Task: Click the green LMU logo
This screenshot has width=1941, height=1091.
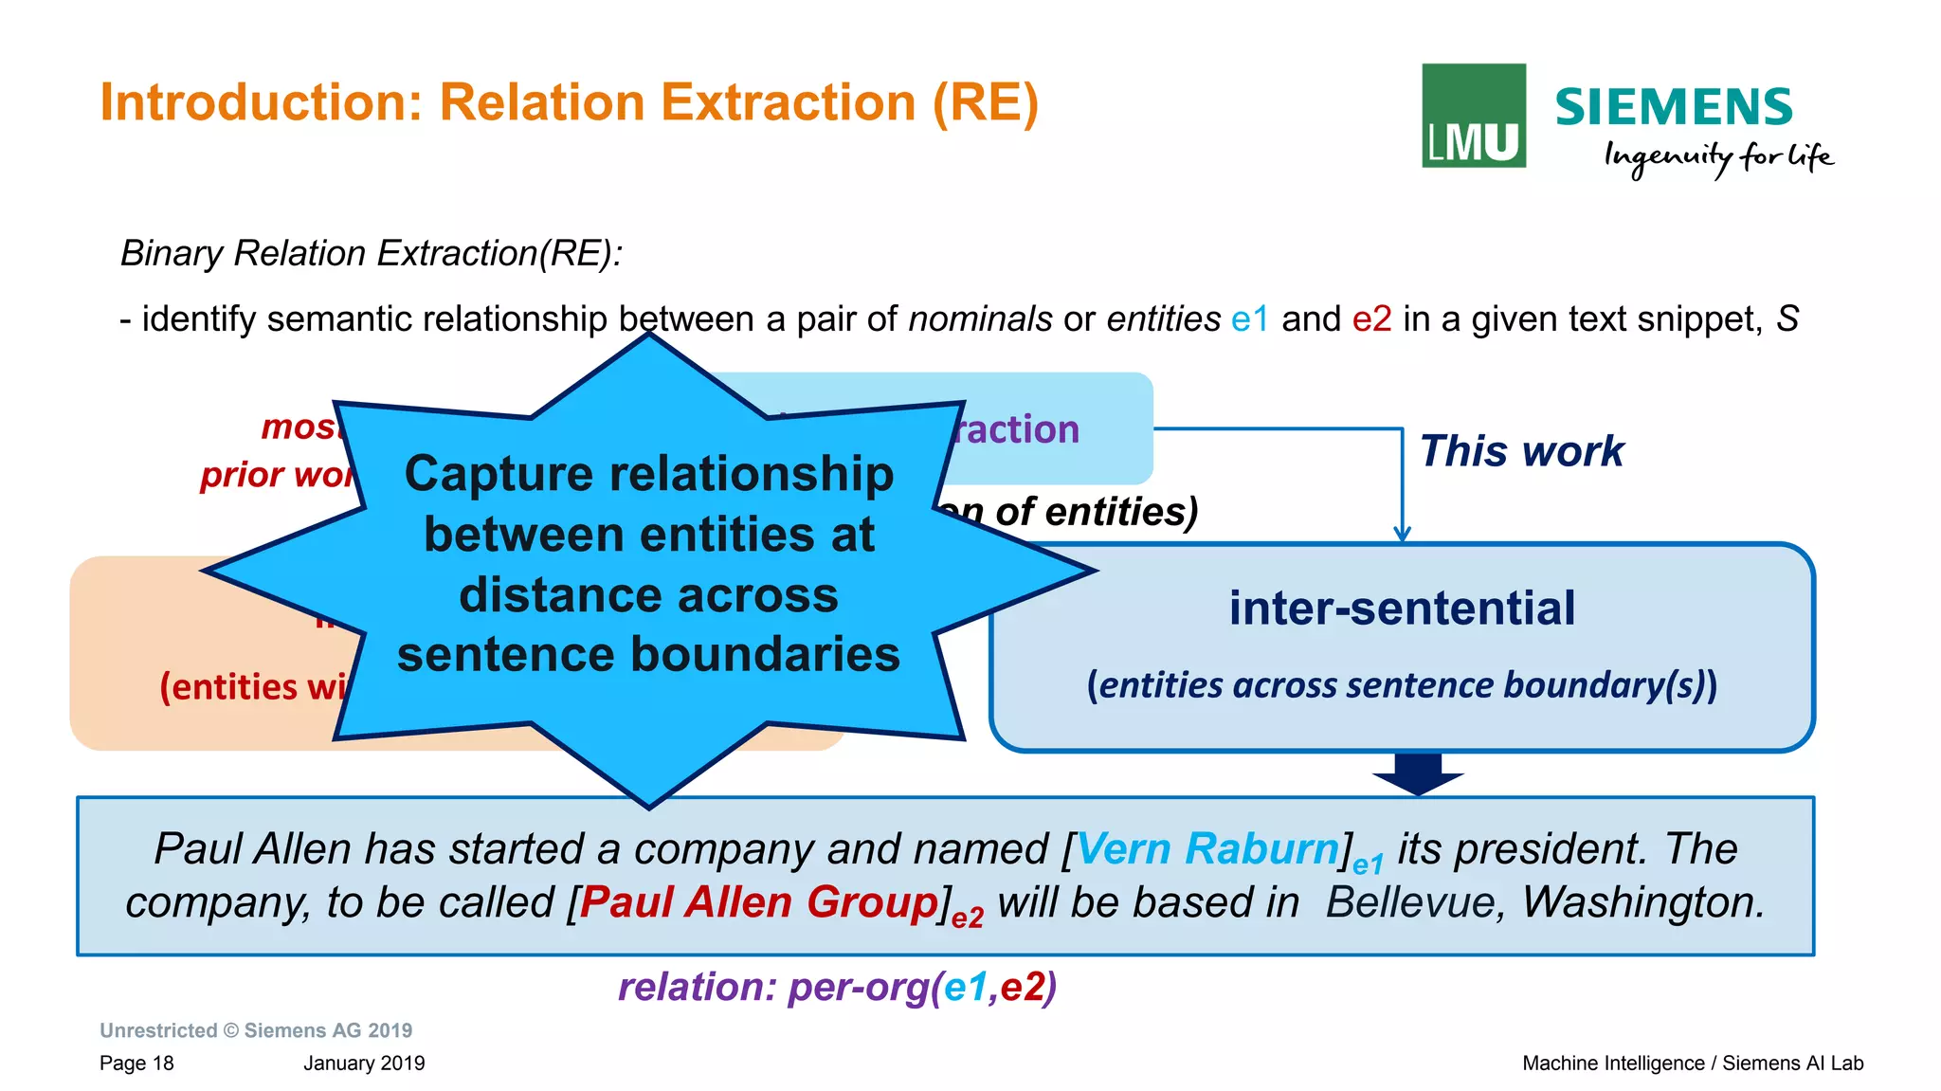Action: click(x=1473, y=116)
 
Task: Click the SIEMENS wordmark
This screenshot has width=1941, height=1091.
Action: click(x=1673, y=107)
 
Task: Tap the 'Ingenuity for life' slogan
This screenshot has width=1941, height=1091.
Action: click(x=1717, y=157)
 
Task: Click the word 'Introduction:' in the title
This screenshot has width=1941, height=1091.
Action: click(x=261, y=102)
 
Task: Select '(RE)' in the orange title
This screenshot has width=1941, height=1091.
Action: click(x=986, y=102)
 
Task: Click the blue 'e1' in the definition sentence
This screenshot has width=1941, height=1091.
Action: click(x=1249, y=319)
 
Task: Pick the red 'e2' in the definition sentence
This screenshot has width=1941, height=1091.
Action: click(x=1371, y=319)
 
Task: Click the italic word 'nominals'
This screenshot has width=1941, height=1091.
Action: click(x=980, y=319)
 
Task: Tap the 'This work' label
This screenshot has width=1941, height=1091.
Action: click(x=1521, y=451)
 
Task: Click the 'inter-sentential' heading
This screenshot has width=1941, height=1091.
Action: click(x=1402, y=609)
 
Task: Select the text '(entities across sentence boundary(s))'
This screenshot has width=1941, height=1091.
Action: click(x=1402, y=685)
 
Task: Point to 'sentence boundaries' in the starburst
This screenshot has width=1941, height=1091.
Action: click(x=648, y=655)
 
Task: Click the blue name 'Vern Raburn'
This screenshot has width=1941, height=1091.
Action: click(x=1207, y=848)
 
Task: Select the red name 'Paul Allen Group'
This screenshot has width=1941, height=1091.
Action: click(x=758, y=902)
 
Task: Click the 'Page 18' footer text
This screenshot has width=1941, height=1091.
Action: click(x=136, y=1064)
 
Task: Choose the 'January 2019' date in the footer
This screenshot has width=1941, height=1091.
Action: click(x=364, y=1064)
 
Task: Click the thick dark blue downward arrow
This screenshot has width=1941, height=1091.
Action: click(x=1418, y=773)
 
